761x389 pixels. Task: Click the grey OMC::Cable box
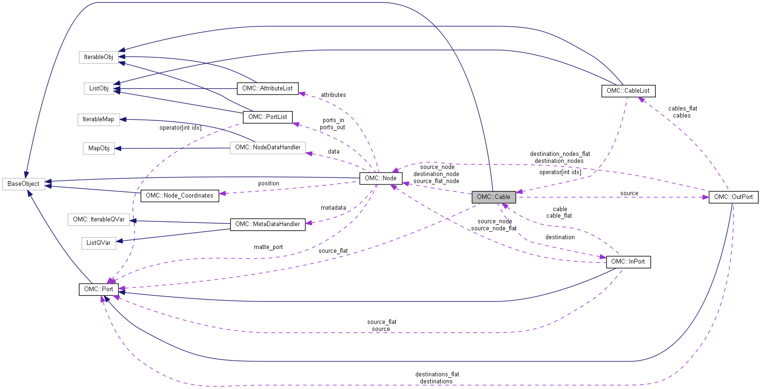(x=493, y=197)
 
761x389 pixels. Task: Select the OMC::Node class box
(x=380, y=178)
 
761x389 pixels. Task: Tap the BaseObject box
(x=23, y=184)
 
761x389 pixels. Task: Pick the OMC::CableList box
(x=628, y=91)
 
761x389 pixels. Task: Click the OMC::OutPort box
(x=733, y=197)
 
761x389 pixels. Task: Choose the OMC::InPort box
(x=628, y=262)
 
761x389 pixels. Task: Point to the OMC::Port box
(x=98, y=289)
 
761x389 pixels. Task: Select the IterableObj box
(x=98, y=57)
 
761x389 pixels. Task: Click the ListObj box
(x=99, y=88)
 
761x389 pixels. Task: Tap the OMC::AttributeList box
(x=267, y=88)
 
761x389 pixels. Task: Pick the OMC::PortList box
(x=267, y=117)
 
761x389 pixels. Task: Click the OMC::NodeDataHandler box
(x=268, y=147)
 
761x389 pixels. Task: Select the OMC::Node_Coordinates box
(x=179, y=196)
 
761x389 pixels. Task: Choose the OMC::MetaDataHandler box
(x=267, y=224)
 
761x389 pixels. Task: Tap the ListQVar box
(x=98, y=243)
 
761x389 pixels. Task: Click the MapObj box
(x=99, y=148)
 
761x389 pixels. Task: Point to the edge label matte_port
(x=268, y=247)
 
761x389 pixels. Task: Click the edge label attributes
(x=333, y=95)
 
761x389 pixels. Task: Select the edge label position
(x=268, y=183)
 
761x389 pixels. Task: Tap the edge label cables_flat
(x=682, y=109)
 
